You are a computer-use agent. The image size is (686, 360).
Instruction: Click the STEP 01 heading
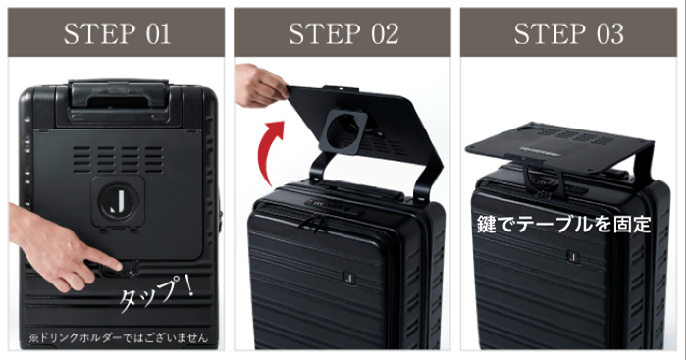click(117, 33)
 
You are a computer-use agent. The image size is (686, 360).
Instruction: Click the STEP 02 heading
click(343, 33)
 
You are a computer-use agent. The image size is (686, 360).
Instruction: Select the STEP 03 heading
click(569, 33)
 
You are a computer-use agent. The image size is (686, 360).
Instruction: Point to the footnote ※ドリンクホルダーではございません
click(118, 337)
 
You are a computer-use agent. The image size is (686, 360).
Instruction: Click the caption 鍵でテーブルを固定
click(564, 224)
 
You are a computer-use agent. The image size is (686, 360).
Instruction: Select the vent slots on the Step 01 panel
click(118, 159)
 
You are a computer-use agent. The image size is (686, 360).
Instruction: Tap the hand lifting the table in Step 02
click(261, 85)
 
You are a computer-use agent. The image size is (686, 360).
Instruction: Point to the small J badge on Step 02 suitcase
click(348, 278)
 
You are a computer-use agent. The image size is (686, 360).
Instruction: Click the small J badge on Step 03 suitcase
click(572, 256)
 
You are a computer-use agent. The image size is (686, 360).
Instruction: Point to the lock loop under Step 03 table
click(545, 180)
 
